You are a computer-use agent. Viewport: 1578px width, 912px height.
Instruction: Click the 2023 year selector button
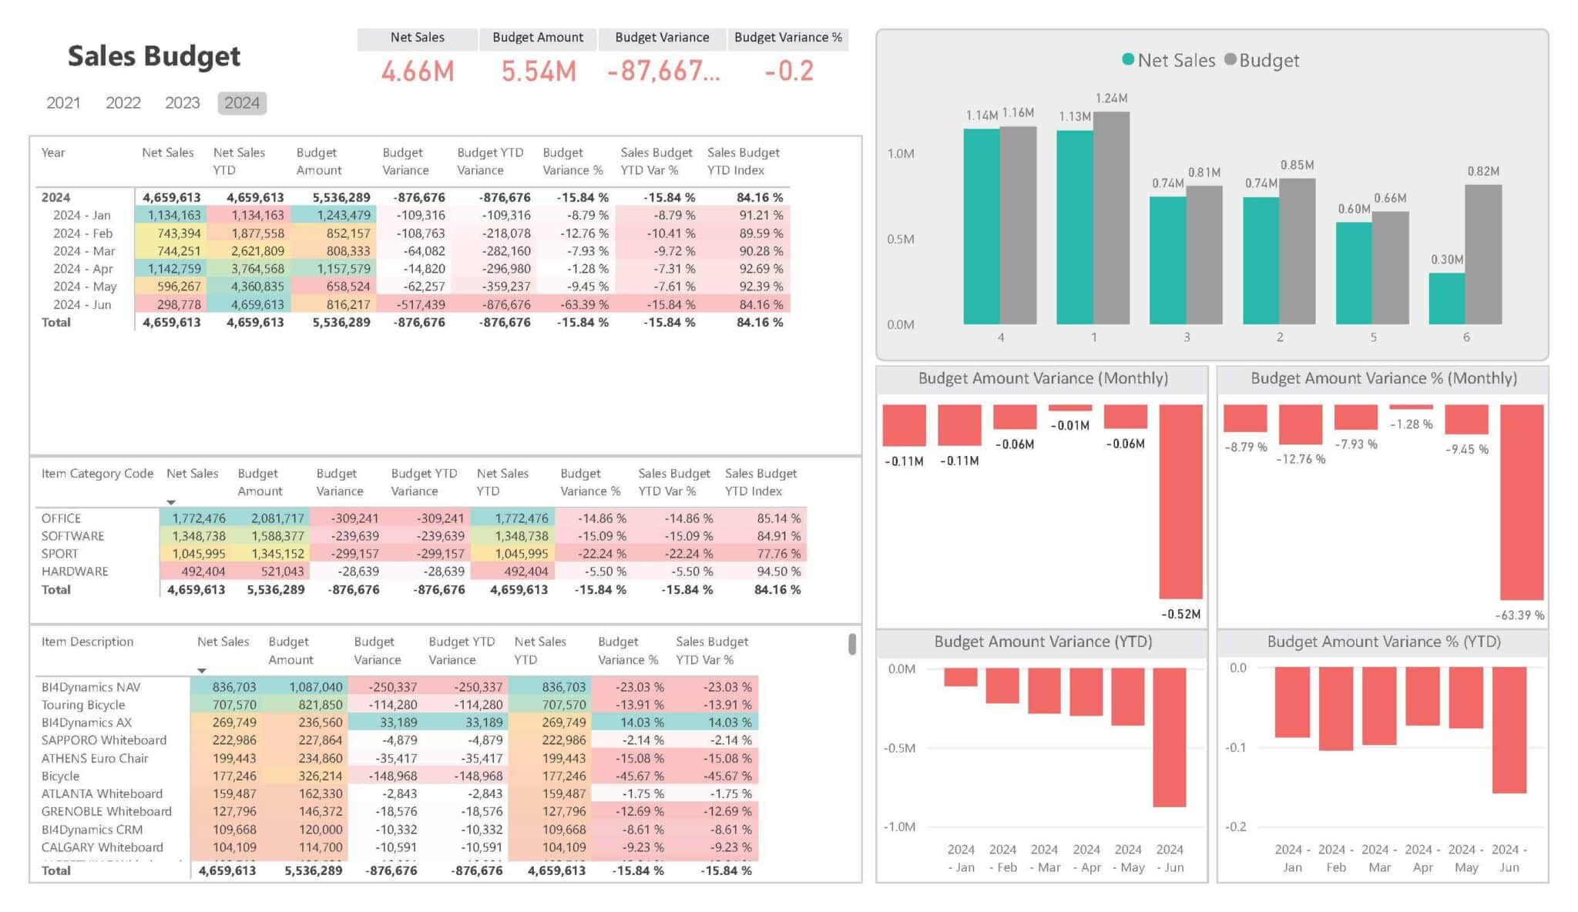[182, 103]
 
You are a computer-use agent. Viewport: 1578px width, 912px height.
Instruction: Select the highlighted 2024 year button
[242, 103]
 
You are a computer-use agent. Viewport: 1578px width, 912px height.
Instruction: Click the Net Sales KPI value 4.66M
[418, 72]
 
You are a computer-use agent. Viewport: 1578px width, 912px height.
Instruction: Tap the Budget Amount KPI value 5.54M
[539, 72]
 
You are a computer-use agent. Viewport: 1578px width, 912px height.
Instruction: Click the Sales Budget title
[154, 56]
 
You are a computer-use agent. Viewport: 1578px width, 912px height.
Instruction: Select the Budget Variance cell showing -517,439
[420, 304]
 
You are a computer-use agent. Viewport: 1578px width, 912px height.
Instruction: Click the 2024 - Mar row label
[84, 251]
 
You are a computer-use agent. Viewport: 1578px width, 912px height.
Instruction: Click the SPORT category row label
[60, 554]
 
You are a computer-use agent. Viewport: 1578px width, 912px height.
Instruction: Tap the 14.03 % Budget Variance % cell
[642, 723]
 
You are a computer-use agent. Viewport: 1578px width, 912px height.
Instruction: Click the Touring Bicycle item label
[83, 705]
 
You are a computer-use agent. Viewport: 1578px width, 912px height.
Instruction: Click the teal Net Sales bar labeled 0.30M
[1446, 299]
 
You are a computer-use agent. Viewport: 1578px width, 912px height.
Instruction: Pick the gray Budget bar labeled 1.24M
[1111, 217]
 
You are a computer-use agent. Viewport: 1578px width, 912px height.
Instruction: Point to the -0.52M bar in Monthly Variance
[1180, 501]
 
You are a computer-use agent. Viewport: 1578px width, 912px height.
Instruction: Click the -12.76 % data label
[1301, 459]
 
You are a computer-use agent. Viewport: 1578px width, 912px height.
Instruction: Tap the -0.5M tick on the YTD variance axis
[899, 748]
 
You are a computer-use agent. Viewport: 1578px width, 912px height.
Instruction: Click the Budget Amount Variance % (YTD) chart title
[1383, 642]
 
